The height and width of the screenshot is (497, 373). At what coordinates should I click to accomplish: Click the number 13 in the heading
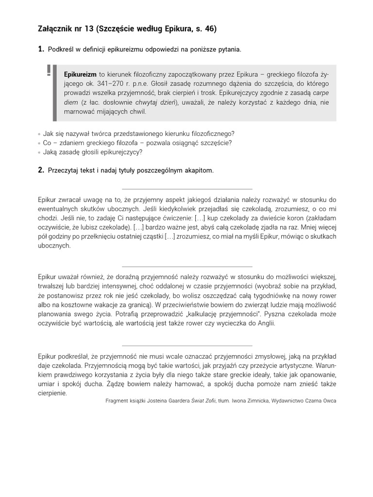[x=89, y=29]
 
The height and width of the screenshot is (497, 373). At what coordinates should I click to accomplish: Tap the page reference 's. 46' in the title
[x=204, y=29]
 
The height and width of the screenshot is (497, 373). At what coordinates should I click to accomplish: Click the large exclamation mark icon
[x=49, y=70]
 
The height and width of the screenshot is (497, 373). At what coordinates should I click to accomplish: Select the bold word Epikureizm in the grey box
[x=80, y=74]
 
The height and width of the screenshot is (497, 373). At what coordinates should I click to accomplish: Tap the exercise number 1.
[x=41, y=50]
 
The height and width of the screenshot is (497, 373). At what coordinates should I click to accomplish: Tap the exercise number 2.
[x=41, y=170]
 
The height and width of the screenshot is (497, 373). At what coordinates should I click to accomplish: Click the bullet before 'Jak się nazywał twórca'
[x=39, y=134]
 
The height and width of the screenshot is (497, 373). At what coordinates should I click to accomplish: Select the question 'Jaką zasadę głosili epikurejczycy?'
[x=93, y=152]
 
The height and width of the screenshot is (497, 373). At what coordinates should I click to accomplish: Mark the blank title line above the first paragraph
[x=186, y=189]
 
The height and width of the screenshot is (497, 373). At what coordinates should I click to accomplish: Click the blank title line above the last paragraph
[x=186, y=343]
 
